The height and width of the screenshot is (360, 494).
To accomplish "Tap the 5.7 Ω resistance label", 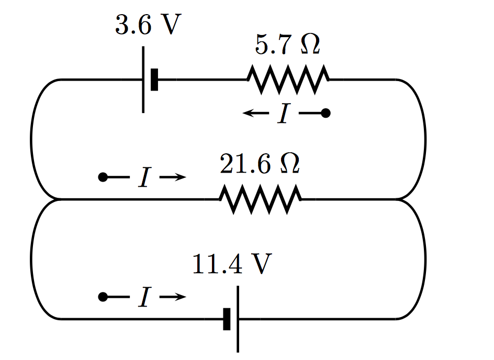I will pyautogui.click(x=287, y=46).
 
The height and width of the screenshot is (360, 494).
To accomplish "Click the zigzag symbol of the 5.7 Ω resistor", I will pyautogui.click(x=288, y=80).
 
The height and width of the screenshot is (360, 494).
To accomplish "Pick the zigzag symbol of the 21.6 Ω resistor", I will pyautogui.click(x=260, y=199).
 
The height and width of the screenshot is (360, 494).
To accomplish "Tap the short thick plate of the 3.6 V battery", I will pyautogui.click(x=154, y=80).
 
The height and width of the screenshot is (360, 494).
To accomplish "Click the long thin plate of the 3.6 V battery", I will pyautogui.click(x=143, y=80).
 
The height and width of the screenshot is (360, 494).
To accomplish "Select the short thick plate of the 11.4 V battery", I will pyautogui.click(x=227, y=319).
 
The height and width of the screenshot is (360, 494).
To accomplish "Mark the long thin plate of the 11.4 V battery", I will pyautogui.click(x=238, y=319).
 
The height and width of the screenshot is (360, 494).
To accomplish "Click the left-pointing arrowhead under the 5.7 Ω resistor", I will pyautogui.click(x=248, y=113).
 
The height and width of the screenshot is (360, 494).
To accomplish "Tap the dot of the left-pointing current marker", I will pyautogui.click(x=325, y=113).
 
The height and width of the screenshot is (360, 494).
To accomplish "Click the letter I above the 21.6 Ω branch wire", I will pyautogui.click(x=144, y=178).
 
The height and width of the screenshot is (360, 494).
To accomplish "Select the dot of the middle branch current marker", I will pyautogui.click(x=103, y=178).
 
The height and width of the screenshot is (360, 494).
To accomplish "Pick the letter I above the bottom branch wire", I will pyautogui.click(x=144, y=297).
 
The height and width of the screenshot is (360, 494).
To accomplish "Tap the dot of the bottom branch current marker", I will pyautogui.click(x=103, y=297).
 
